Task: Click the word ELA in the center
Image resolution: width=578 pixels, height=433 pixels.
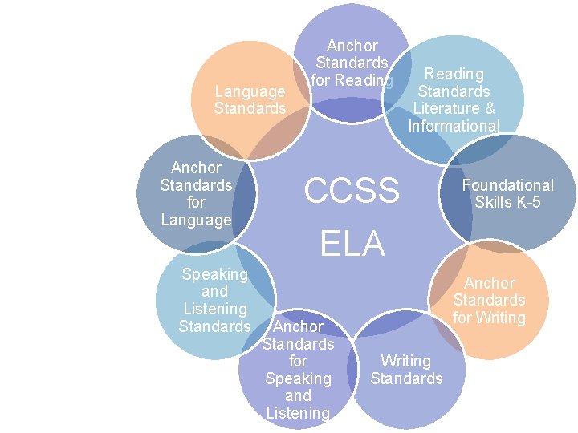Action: click(x=352, y=244)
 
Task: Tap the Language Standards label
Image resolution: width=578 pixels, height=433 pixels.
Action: click(x=250, y=99)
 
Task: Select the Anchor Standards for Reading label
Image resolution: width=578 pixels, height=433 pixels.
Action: click(x=352, y=63)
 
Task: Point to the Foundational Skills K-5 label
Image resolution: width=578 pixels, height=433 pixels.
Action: click(x=507, y=193)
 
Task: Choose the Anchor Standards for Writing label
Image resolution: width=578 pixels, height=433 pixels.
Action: click(x=489, y=300)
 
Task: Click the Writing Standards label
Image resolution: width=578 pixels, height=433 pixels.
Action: click(x=406, y=370)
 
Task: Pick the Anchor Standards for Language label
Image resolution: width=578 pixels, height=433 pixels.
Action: click(x=196, y=193)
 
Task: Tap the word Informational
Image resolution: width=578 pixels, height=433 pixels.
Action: click(x=454, y=126)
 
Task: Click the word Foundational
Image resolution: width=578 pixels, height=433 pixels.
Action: click(x=507, y=185)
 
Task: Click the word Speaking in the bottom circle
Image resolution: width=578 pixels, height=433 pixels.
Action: click(x=298, y=378)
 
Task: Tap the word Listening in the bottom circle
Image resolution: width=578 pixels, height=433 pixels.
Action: click(x=298, y=413)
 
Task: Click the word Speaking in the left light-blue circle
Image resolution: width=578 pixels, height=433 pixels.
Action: click(x=214, y=274)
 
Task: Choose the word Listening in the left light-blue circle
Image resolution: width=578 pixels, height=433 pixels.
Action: click(x=214, y=309)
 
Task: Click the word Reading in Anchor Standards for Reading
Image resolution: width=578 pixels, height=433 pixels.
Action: click(x=364, y=80)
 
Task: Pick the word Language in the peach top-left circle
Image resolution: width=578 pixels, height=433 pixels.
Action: click(x=250, y=91)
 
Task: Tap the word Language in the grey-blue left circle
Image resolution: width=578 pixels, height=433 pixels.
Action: click(x=196, y=219)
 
